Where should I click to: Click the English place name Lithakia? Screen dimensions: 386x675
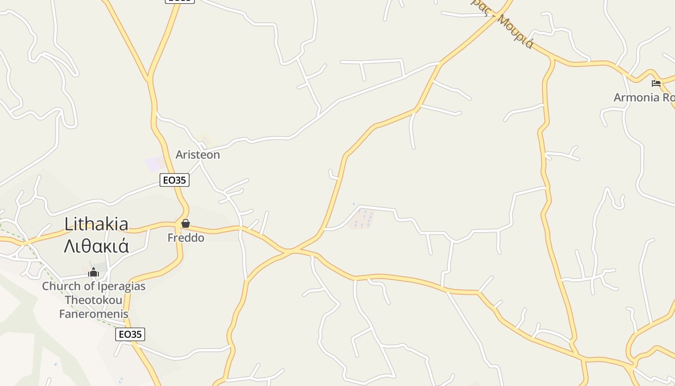coord(96,224)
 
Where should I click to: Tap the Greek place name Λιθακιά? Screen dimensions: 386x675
coord(96,246)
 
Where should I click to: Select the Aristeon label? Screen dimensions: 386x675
coord(198,155)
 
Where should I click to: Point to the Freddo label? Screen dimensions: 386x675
coord(186,238)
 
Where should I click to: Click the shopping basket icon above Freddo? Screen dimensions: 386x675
coord(186,224)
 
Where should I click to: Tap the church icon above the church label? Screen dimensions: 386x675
coord(94,273)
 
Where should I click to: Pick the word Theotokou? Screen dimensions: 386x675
coord(94,300)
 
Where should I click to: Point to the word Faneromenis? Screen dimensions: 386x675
coord(94,314)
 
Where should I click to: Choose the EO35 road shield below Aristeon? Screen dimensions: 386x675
coord(175,180)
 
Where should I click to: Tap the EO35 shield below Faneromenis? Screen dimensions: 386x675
coord(130,334)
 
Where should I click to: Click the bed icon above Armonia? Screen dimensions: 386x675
coord(656,83)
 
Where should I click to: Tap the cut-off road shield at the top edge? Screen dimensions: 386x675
coord(180,1)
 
